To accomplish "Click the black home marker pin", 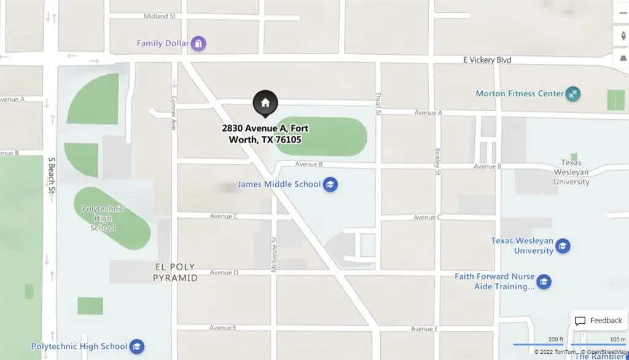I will (x=265, y=103).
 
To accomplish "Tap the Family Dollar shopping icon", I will (x=198, y=44).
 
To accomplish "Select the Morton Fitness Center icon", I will (x=573, y=94).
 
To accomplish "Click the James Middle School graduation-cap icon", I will (x=330, y=184).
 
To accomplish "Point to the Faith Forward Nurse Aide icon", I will (x=544, y=282).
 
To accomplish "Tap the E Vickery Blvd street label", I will (x=487, y=60).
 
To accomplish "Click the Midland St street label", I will (x=160, y=16).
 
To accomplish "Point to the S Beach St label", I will (x=52, y=175).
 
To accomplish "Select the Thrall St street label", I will (x=378, y=104).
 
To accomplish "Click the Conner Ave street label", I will (x=174, y=112).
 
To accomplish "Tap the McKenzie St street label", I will (x=275, y=254).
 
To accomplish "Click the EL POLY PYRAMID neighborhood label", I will (x=175, y=272).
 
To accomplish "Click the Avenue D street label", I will (x=224, y=272).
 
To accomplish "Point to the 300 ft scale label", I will (x=555, y=339).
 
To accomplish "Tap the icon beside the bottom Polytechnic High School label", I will (x=136, y=346).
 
